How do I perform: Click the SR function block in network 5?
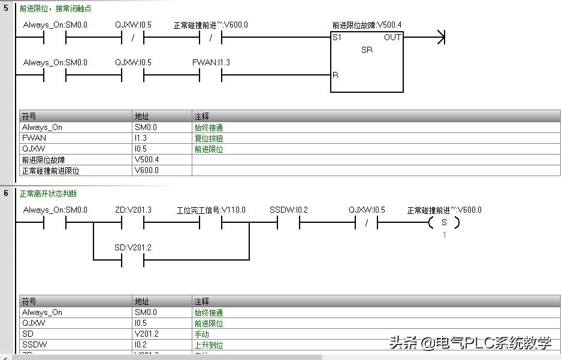367,62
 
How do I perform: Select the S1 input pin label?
337,37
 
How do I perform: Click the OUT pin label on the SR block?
392,37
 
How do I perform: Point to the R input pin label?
336,75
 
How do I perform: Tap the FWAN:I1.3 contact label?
211,62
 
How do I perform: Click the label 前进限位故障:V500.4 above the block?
367,25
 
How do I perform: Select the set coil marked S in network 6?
444,223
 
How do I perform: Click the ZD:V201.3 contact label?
133,210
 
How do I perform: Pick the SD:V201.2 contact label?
133,247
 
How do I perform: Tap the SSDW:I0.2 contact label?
288,210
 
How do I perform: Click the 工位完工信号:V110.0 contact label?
211,210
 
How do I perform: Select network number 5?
6,8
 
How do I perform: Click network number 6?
6,193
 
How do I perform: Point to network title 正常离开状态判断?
49,193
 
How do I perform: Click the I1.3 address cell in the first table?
141,138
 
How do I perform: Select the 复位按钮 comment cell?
209,138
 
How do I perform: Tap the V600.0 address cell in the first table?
146,170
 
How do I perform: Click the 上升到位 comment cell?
209,344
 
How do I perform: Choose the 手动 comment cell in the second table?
201,334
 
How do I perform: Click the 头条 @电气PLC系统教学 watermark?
470,343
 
